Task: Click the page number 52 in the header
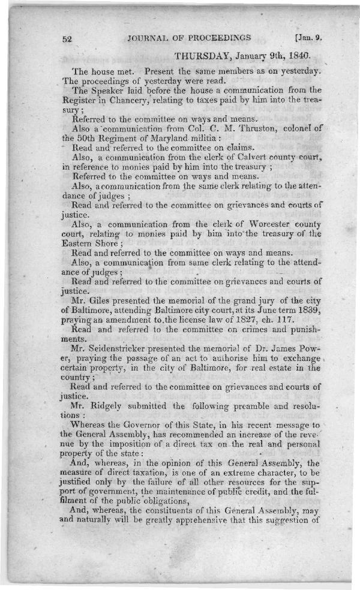click(x=67, y=38)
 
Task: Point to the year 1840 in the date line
click(x=298, y=56)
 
